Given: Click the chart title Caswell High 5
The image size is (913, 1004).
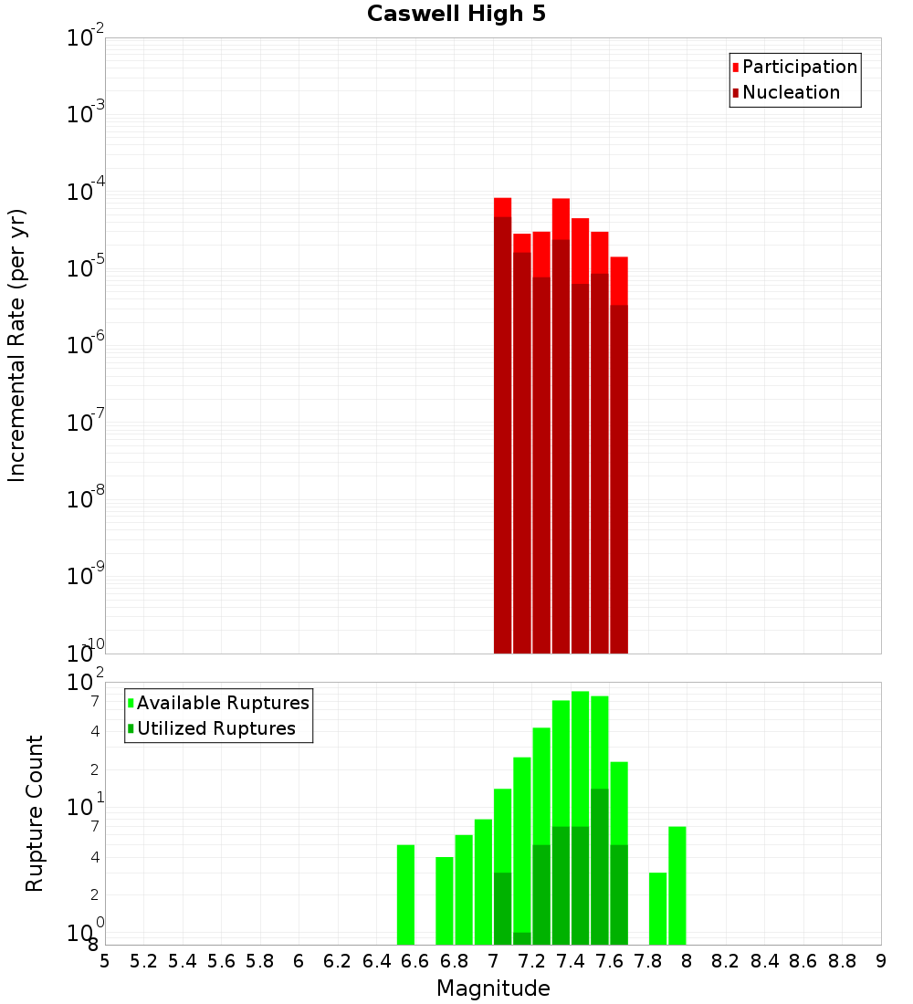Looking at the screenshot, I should (456, 15).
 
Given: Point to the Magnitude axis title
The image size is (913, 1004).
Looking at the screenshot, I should (493, 988).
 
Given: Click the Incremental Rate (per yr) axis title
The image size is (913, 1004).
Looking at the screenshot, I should (17, 345).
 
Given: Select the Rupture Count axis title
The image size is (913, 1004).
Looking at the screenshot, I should (35, 813).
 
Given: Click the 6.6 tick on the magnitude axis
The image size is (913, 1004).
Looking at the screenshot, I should (415, 960).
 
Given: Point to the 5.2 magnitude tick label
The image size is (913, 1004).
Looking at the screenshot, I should (144, 960).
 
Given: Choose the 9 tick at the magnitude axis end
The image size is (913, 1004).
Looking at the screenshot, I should (881, 960).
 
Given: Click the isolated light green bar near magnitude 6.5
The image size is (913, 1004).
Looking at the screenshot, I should (405, 894).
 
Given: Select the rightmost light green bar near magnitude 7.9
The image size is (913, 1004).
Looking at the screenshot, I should (677, 885).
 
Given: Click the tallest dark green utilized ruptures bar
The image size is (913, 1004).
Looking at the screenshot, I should (599, 867).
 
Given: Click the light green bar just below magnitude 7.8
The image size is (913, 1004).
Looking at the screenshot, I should (657, 908).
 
